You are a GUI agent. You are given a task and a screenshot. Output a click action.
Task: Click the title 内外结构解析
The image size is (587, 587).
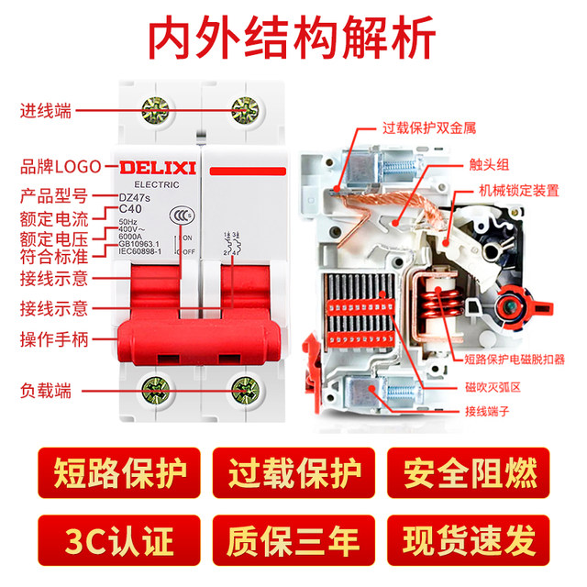tap(293, 39)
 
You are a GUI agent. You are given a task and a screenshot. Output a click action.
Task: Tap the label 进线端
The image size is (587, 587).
tap(47, 112)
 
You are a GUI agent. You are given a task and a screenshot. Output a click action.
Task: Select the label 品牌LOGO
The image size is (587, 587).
tap(61, 167)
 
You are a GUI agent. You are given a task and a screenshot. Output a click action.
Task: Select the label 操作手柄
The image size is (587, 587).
tap(54, 339)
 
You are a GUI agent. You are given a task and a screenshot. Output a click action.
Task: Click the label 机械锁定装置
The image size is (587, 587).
tap(519, 191)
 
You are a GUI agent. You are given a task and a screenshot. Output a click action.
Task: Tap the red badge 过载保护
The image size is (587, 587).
tap(293, 474)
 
